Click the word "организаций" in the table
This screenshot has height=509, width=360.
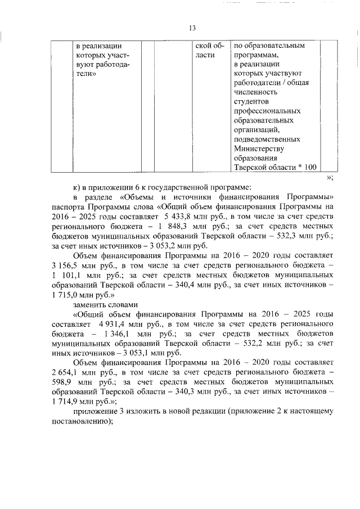pyautogui.click(x=255, y=129)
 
